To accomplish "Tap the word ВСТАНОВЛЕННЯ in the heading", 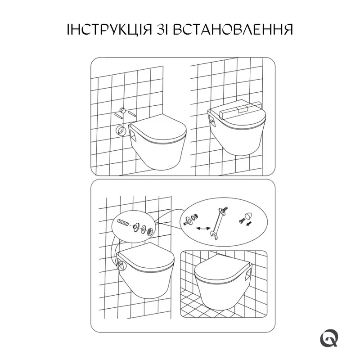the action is pyautogui.click(x=232, y=29).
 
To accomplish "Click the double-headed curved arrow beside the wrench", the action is pyautogui.click(x=203, y=228).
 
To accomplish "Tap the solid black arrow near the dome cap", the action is pyautogui.click(x=248, y=223).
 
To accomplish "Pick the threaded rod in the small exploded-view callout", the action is pyautogui.click(x=123, y=222).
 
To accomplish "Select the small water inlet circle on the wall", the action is pyautogui.click(x=122, y=110).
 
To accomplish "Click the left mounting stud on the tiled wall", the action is pyautogui.click(x=117, y=115).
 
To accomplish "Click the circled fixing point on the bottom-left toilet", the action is pyautogui.click(x=120, y=265).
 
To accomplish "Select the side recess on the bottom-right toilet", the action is pyautogui.click(x=248, y=273).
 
